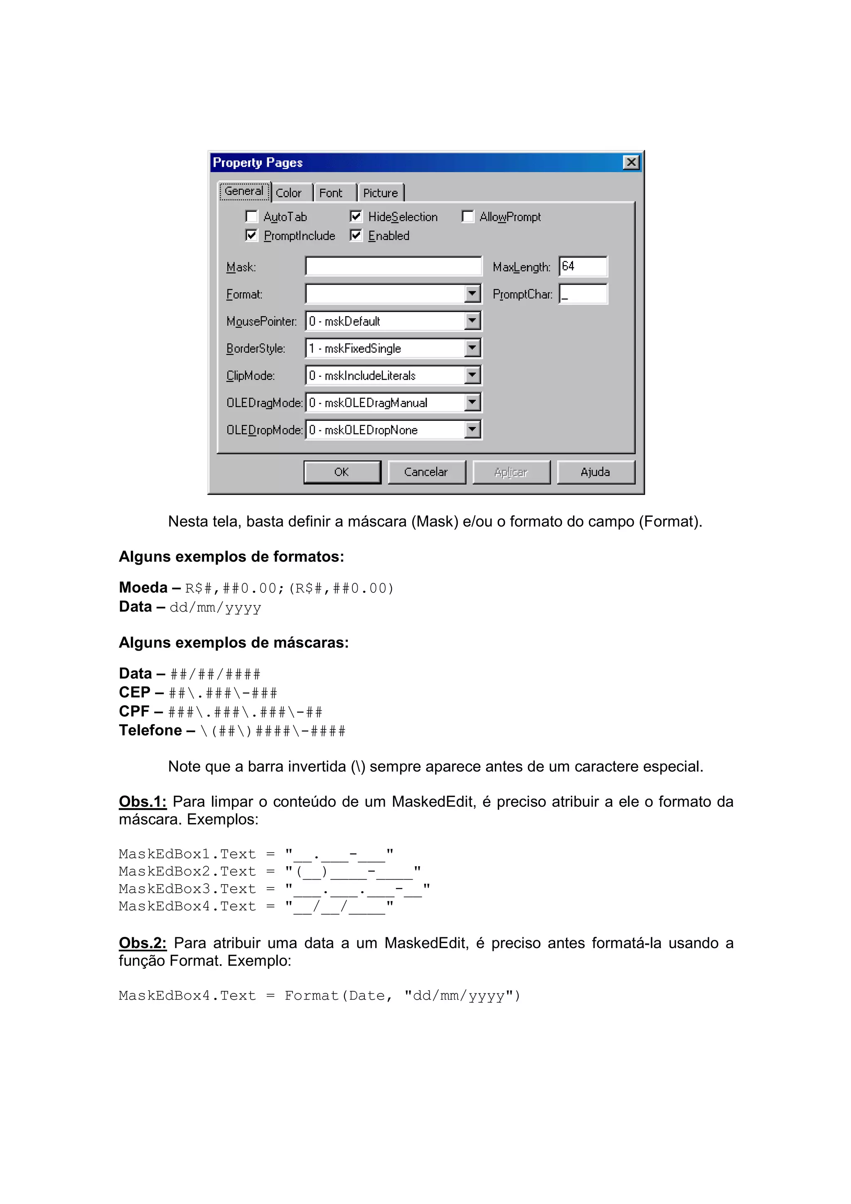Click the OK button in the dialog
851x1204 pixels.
click(342, 472)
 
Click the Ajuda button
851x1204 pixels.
click(595, 472)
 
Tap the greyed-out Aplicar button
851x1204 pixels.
click(511, 472)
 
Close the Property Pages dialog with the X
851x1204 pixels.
click(631, 162)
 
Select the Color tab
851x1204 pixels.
click(289, 193)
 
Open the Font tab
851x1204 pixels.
click(331, 193)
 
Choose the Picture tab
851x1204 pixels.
click(381, 193)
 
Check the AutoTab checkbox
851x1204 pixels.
click(252, 216)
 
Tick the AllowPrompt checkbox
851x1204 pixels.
click(468, 216)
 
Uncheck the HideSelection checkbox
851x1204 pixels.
click(356, 216)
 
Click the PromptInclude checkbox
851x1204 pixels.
click(252, 236)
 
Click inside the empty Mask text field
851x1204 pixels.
click(393, 266)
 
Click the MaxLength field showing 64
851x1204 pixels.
click(583, 266)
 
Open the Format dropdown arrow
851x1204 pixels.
click(472, 294)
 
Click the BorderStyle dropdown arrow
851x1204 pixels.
click(472, 348)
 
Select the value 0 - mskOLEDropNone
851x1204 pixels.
click(385, 430)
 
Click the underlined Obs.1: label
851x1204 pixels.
click(143, 802)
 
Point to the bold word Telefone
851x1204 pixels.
click(150, 730)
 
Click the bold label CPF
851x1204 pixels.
click(134, 712)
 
